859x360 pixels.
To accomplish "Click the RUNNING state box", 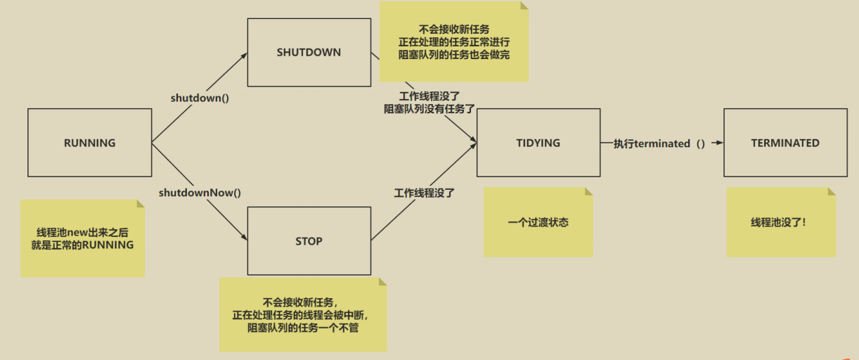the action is point(89,143).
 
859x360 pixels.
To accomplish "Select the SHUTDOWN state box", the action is point(309,52).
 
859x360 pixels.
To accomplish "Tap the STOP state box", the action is point(309,240).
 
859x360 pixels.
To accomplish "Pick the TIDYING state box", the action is point(538,143).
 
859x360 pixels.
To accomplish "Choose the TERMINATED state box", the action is point(785,143).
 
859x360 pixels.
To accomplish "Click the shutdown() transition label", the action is point(200,98).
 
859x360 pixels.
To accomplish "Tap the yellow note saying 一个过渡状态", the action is point(538,222).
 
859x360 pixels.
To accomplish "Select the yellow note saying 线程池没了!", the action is point(781,222).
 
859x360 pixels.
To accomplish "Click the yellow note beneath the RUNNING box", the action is point(82,238).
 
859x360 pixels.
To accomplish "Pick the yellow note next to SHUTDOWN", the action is point(453,41).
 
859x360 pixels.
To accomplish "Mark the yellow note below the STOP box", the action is point(302,314).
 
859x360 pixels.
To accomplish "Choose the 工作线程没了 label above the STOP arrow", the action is point(425,191).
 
